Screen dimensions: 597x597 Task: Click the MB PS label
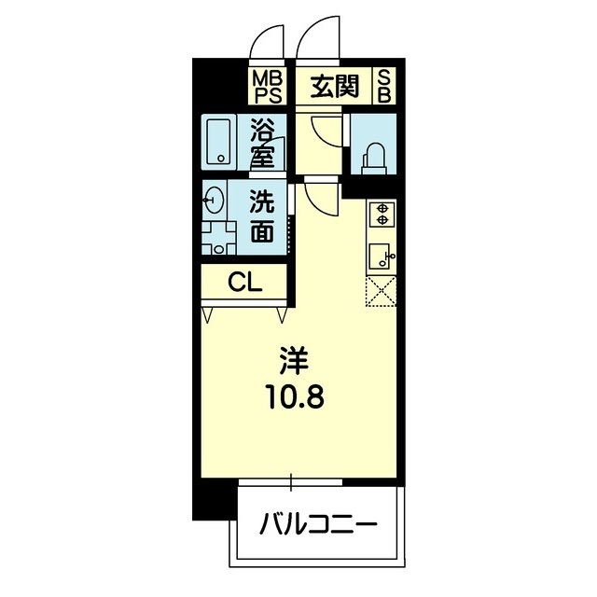(269, 88)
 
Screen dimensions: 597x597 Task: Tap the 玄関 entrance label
(335, 87)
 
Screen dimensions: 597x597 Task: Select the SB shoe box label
(384, 87)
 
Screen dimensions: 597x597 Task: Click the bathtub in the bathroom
(218, 142)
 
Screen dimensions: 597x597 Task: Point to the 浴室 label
(262, 143)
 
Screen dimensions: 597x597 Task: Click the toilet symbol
(375, 159)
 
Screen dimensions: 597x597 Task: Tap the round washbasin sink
(214, 200)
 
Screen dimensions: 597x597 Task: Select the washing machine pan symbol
(218, 238)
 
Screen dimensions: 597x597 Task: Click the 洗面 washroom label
(262, 216)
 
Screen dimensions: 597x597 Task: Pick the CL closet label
(244, 283)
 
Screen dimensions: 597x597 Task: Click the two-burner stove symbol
(382, 215)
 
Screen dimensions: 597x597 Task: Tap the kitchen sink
(382, 257)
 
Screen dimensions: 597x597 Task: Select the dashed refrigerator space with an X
(382, 291)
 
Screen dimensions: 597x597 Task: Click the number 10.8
(297, 397)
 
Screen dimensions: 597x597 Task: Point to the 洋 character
(294, 361)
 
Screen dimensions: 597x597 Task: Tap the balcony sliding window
(291, 481)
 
